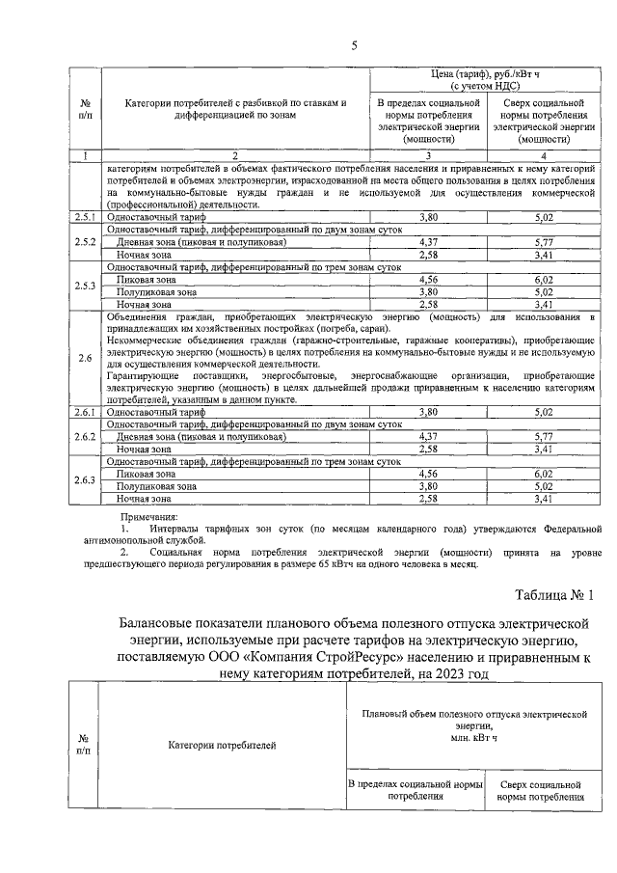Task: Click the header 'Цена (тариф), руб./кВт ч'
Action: [x=485, y=73]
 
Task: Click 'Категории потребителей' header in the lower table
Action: [x=222, y=745]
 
